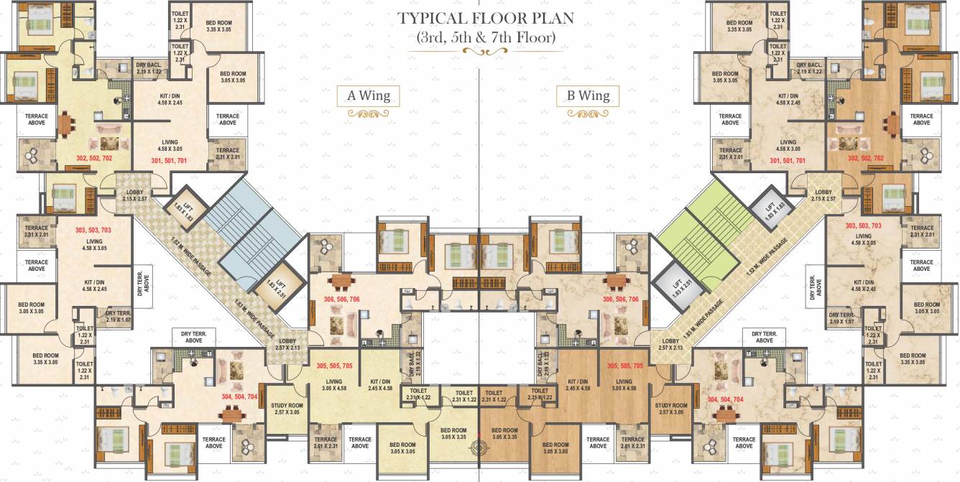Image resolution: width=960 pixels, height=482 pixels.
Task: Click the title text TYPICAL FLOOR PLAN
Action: tap(480, 18)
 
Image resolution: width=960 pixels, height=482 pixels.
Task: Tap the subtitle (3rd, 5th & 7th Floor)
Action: tap(480, 37)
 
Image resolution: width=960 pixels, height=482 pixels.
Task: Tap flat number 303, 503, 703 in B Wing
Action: tap(863, 226)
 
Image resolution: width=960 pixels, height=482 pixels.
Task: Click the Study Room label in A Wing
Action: tap(287, 409)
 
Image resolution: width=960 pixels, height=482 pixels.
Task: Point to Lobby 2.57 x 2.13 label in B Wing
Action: tap(670, 345)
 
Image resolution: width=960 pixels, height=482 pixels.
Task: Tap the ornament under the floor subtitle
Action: tap(480, 52)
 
